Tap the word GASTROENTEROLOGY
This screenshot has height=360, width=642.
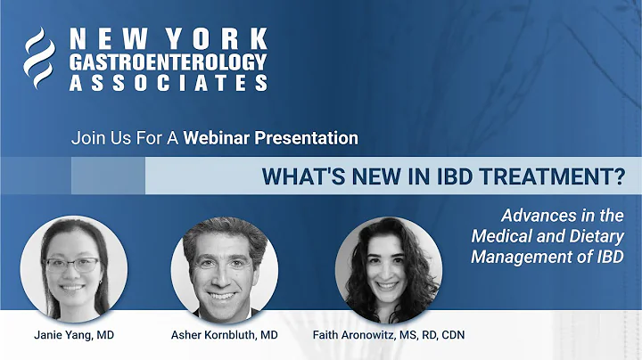168,61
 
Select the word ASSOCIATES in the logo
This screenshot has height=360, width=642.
168,82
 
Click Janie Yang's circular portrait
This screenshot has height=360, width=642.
73,268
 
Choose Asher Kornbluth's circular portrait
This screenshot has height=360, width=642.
224,268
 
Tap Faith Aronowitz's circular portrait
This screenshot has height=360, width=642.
388,268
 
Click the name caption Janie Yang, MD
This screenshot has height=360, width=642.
74,335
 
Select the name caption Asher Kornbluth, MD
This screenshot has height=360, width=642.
224,335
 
